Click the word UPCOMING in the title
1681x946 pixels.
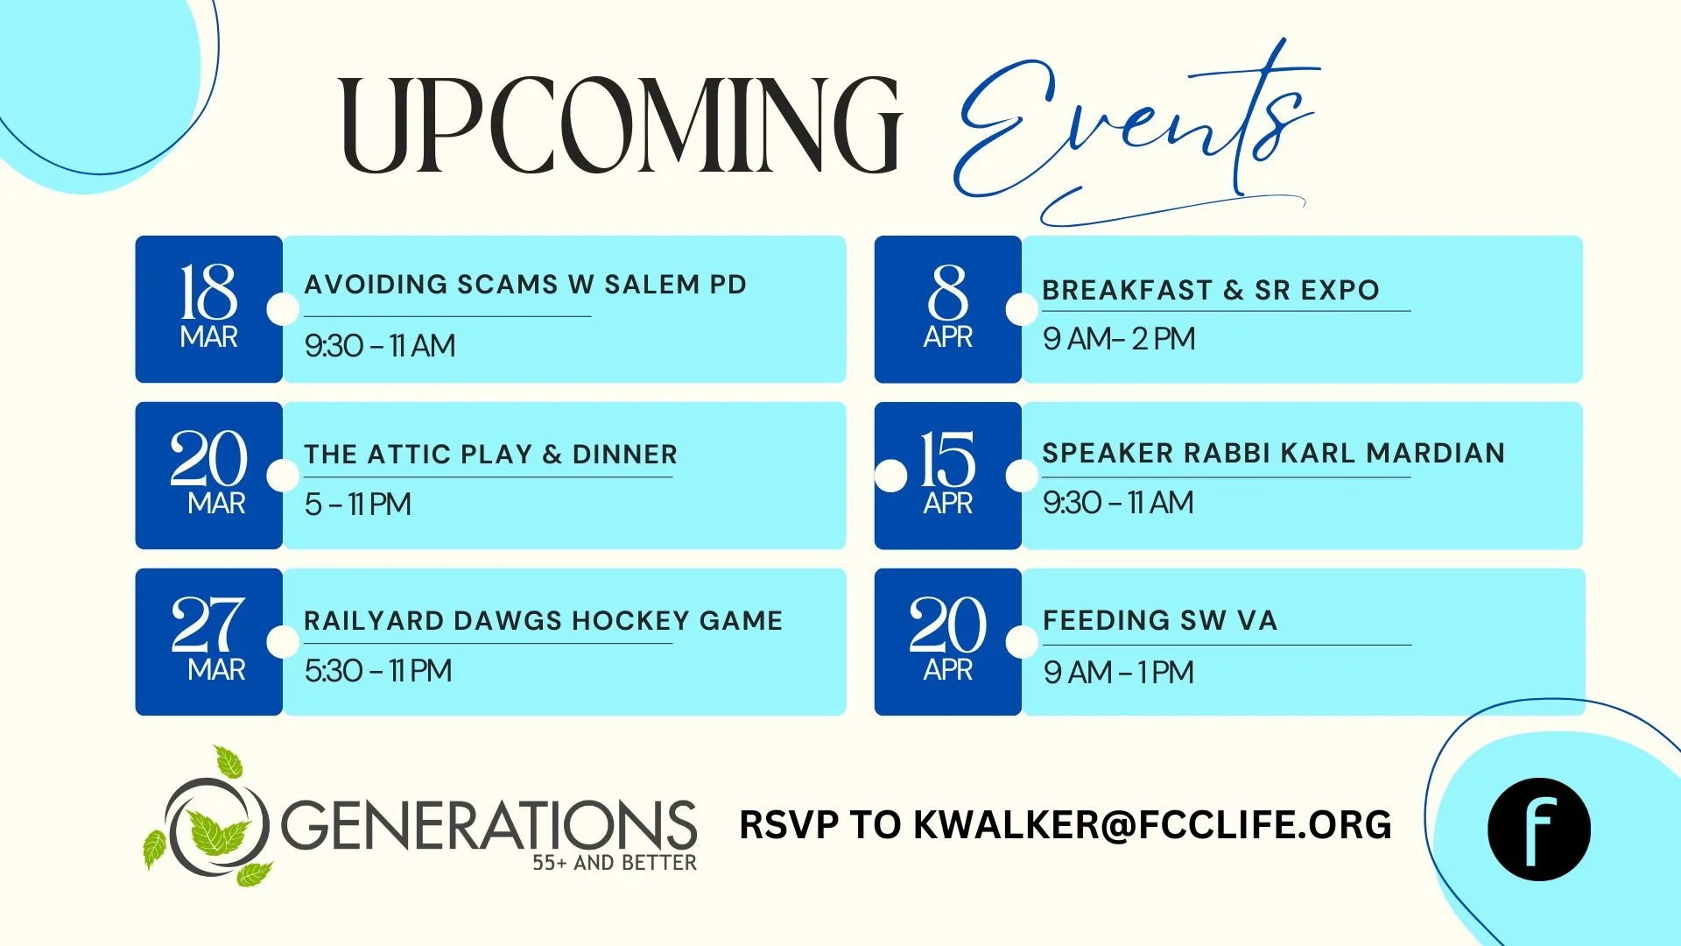[620, 124]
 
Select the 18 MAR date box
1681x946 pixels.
[208, 308]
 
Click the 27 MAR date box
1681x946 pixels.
[208, 641]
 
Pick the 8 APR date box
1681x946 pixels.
[947, 308]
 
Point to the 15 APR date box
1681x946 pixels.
[947, 475]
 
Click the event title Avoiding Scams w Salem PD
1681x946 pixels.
[525, 285]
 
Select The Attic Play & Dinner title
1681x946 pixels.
[490, 454]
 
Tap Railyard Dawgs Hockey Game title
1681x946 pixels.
[543, 620]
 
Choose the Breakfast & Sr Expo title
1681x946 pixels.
[1211, 290]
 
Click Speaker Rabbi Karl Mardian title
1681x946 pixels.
[1273, 453]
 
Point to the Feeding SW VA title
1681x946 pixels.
[1160, 620]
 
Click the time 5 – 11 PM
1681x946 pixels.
[357, 505]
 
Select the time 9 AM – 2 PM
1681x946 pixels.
[1119, 339]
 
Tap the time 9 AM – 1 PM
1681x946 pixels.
[1118, 673]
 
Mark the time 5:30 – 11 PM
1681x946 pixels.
[378, 671]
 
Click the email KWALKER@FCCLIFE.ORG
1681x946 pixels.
[1152, 825]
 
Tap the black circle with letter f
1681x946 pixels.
[1538, 829]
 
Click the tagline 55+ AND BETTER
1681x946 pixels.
[615, 863]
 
